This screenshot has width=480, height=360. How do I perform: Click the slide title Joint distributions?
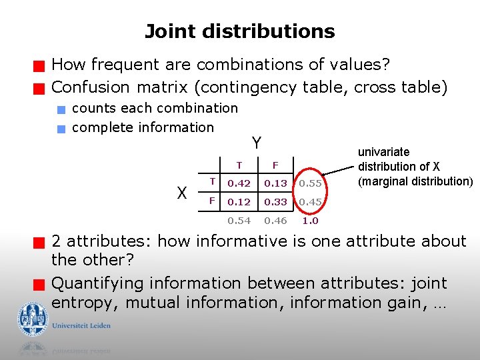[240, 31]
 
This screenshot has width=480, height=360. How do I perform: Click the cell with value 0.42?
[239, 183]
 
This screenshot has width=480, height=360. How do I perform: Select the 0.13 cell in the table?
[275, 183]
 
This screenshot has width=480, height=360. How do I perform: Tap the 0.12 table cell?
[239, 202]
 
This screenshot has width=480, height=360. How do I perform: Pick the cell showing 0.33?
[275, 202]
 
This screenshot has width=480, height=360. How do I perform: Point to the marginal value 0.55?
[310, 183]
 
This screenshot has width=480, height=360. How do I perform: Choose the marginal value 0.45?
[310, 202]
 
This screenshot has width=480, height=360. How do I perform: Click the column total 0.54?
[239, 221]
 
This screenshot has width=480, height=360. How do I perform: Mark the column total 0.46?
[275, 221]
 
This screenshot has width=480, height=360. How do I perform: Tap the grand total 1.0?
[310, 221]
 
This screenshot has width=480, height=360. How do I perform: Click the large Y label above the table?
[256, 143]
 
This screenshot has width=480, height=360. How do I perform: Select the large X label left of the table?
[181, 193]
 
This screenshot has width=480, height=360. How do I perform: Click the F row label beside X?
[211, 200]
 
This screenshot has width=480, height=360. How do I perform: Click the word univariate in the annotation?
[384, 152]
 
